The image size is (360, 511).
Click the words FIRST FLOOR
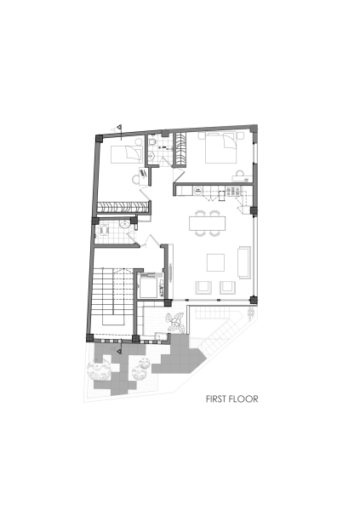[231, 398]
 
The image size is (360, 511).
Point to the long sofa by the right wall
[245, 261]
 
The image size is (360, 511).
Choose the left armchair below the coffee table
[204, 286]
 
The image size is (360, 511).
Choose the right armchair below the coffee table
[228, 286]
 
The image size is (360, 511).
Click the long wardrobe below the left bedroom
[121, 207]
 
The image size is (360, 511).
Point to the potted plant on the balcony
[176, 322]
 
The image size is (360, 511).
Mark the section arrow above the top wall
[120, 129]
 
